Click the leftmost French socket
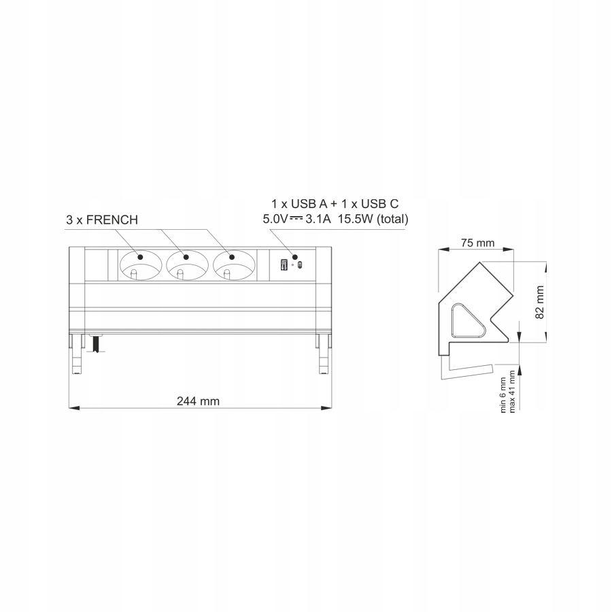(139, 264)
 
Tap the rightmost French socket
(233, 264)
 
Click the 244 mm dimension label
(198, 401)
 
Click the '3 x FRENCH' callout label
(102, 220)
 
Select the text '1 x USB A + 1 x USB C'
(335, 204)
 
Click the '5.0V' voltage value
(275, 219)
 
